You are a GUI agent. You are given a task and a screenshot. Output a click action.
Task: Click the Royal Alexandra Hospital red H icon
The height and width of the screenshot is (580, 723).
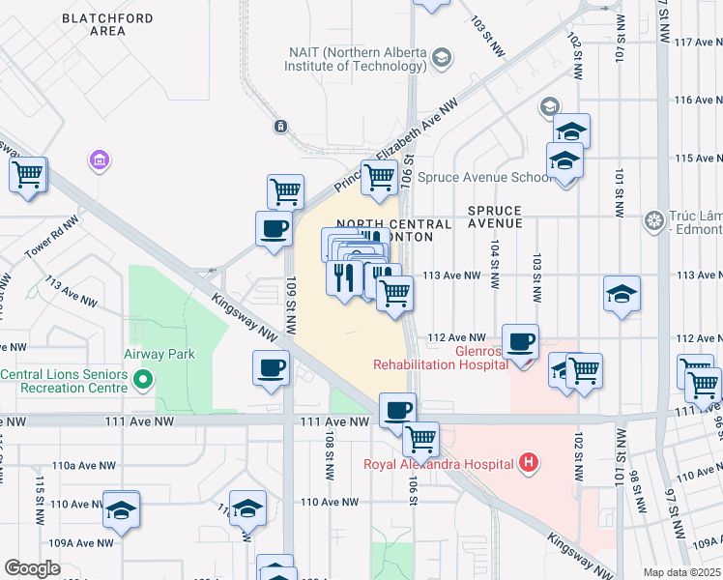coord(528,463)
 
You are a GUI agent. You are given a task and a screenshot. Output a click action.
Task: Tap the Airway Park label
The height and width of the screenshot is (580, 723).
coord(159,354)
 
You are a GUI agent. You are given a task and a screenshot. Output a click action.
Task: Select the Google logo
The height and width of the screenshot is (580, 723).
coord(32,568)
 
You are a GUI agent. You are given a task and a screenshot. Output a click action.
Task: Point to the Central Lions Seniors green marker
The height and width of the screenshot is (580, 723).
coord(144,380)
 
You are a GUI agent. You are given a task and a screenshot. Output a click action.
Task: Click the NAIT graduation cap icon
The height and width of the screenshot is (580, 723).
coord(441,59)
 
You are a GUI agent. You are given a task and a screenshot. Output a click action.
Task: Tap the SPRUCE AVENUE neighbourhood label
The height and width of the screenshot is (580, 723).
coord(494,217)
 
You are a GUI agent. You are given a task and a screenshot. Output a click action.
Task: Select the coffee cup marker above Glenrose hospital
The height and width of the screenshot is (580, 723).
coord(521,341)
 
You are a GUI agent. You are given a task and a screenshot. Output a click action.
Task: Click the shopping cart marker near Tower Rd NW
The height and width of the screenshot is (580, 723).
coord(28,175)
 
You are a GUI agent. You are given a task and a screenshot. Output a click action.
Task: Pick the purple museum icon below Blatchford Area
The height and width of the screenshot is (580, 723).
coord(99,159)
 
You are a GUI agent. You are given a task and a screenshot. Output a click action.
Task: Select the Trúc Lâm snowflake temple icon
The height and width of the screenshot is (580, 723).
coord(655,220)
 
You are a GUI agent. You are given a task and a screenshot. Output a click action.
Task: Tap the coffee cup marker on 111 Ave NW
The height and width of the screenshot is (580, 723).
coord(396,410)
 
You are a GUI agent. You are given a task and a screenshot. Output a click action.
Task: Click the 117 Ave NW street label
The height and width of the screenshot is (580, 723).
coord(697,43)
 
